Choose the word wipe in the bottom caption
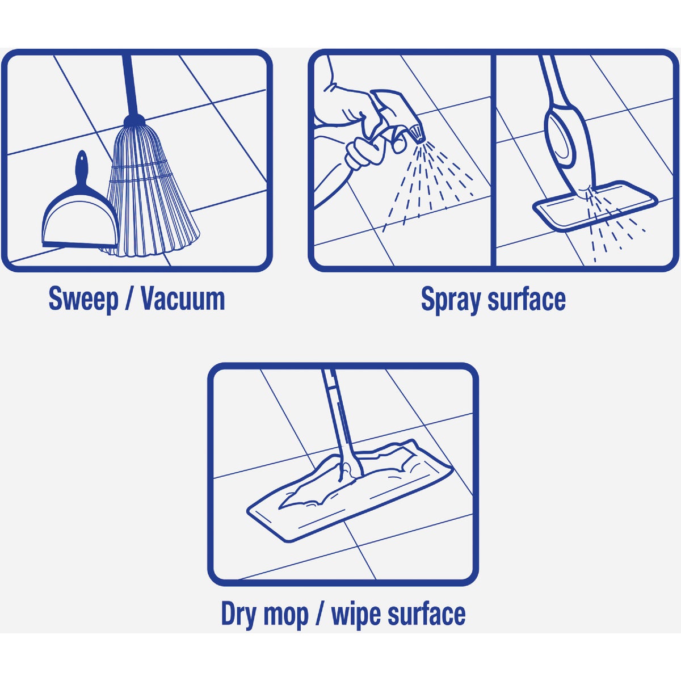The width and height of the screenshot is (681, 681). click(356, 614)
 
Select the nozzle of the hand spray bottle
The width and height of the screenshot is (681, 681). click(418, 134)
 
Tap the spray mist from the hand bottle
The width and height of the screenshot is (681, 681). click(437, 176)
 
